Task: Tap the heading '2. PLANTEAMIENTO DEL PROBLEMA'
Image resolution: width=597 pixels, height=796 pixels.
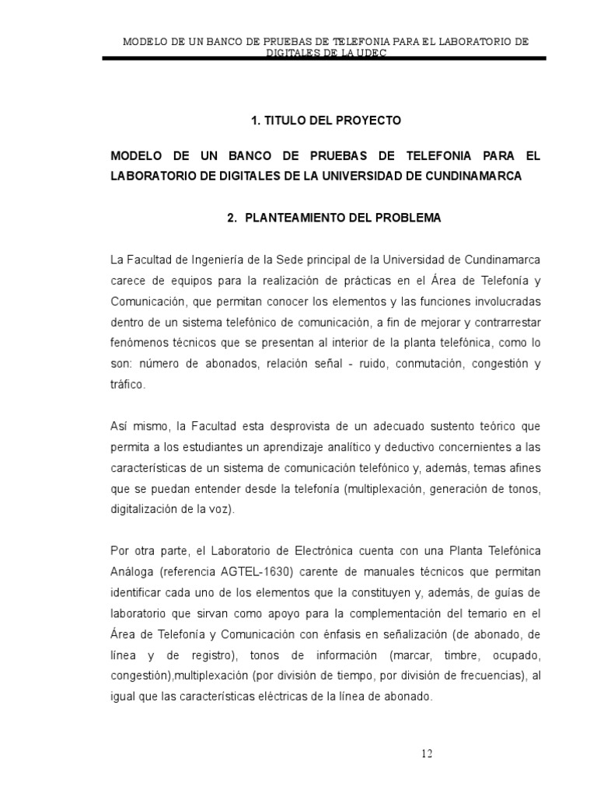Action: [x=334, y=218]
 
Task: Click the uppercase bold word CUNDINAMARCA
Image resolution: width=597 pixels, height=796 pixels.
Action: [x=474, y=176]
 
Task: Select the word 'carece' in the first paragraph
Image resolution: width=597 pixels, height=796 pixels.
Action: [x=129, y=279]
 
